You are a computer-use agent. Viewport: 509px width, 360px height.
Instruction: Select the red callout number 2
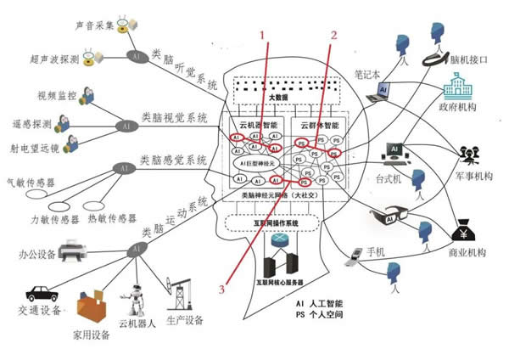point(333,36)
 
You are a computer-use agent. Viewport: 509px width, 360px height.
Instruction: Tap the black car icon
point(41,293)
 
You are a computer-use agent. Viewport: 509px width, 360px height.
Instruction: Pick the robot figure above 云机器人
point(140,301)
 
